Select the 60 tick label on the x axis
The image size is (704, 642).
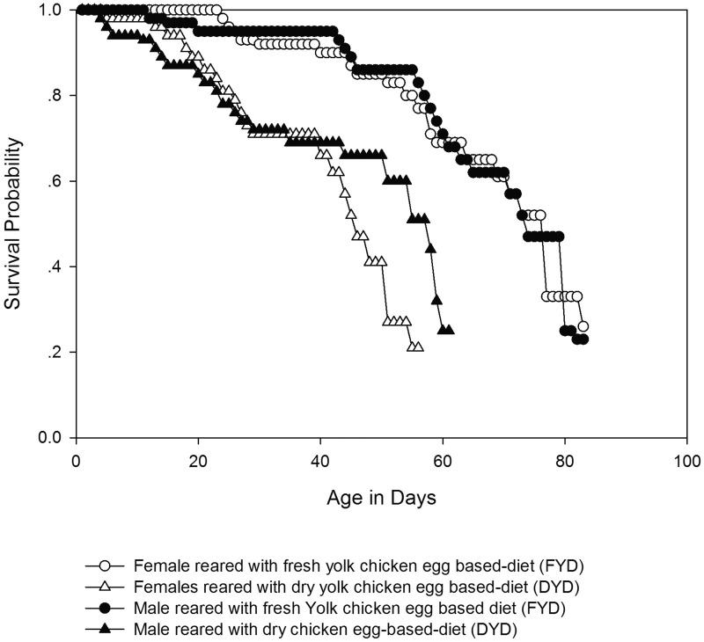tap(443, 461)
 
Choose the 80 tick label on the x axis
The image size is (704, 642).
tap(565, 461)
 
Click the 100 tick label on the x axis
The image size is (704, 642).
tap(686, 461)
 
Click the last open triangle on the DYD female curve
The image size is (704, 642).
tap(418, 347)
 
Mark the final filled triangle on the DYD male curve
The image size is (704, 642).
tap(449, 330)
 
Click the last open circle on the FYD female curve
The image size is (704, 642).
tap(583, 326)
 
